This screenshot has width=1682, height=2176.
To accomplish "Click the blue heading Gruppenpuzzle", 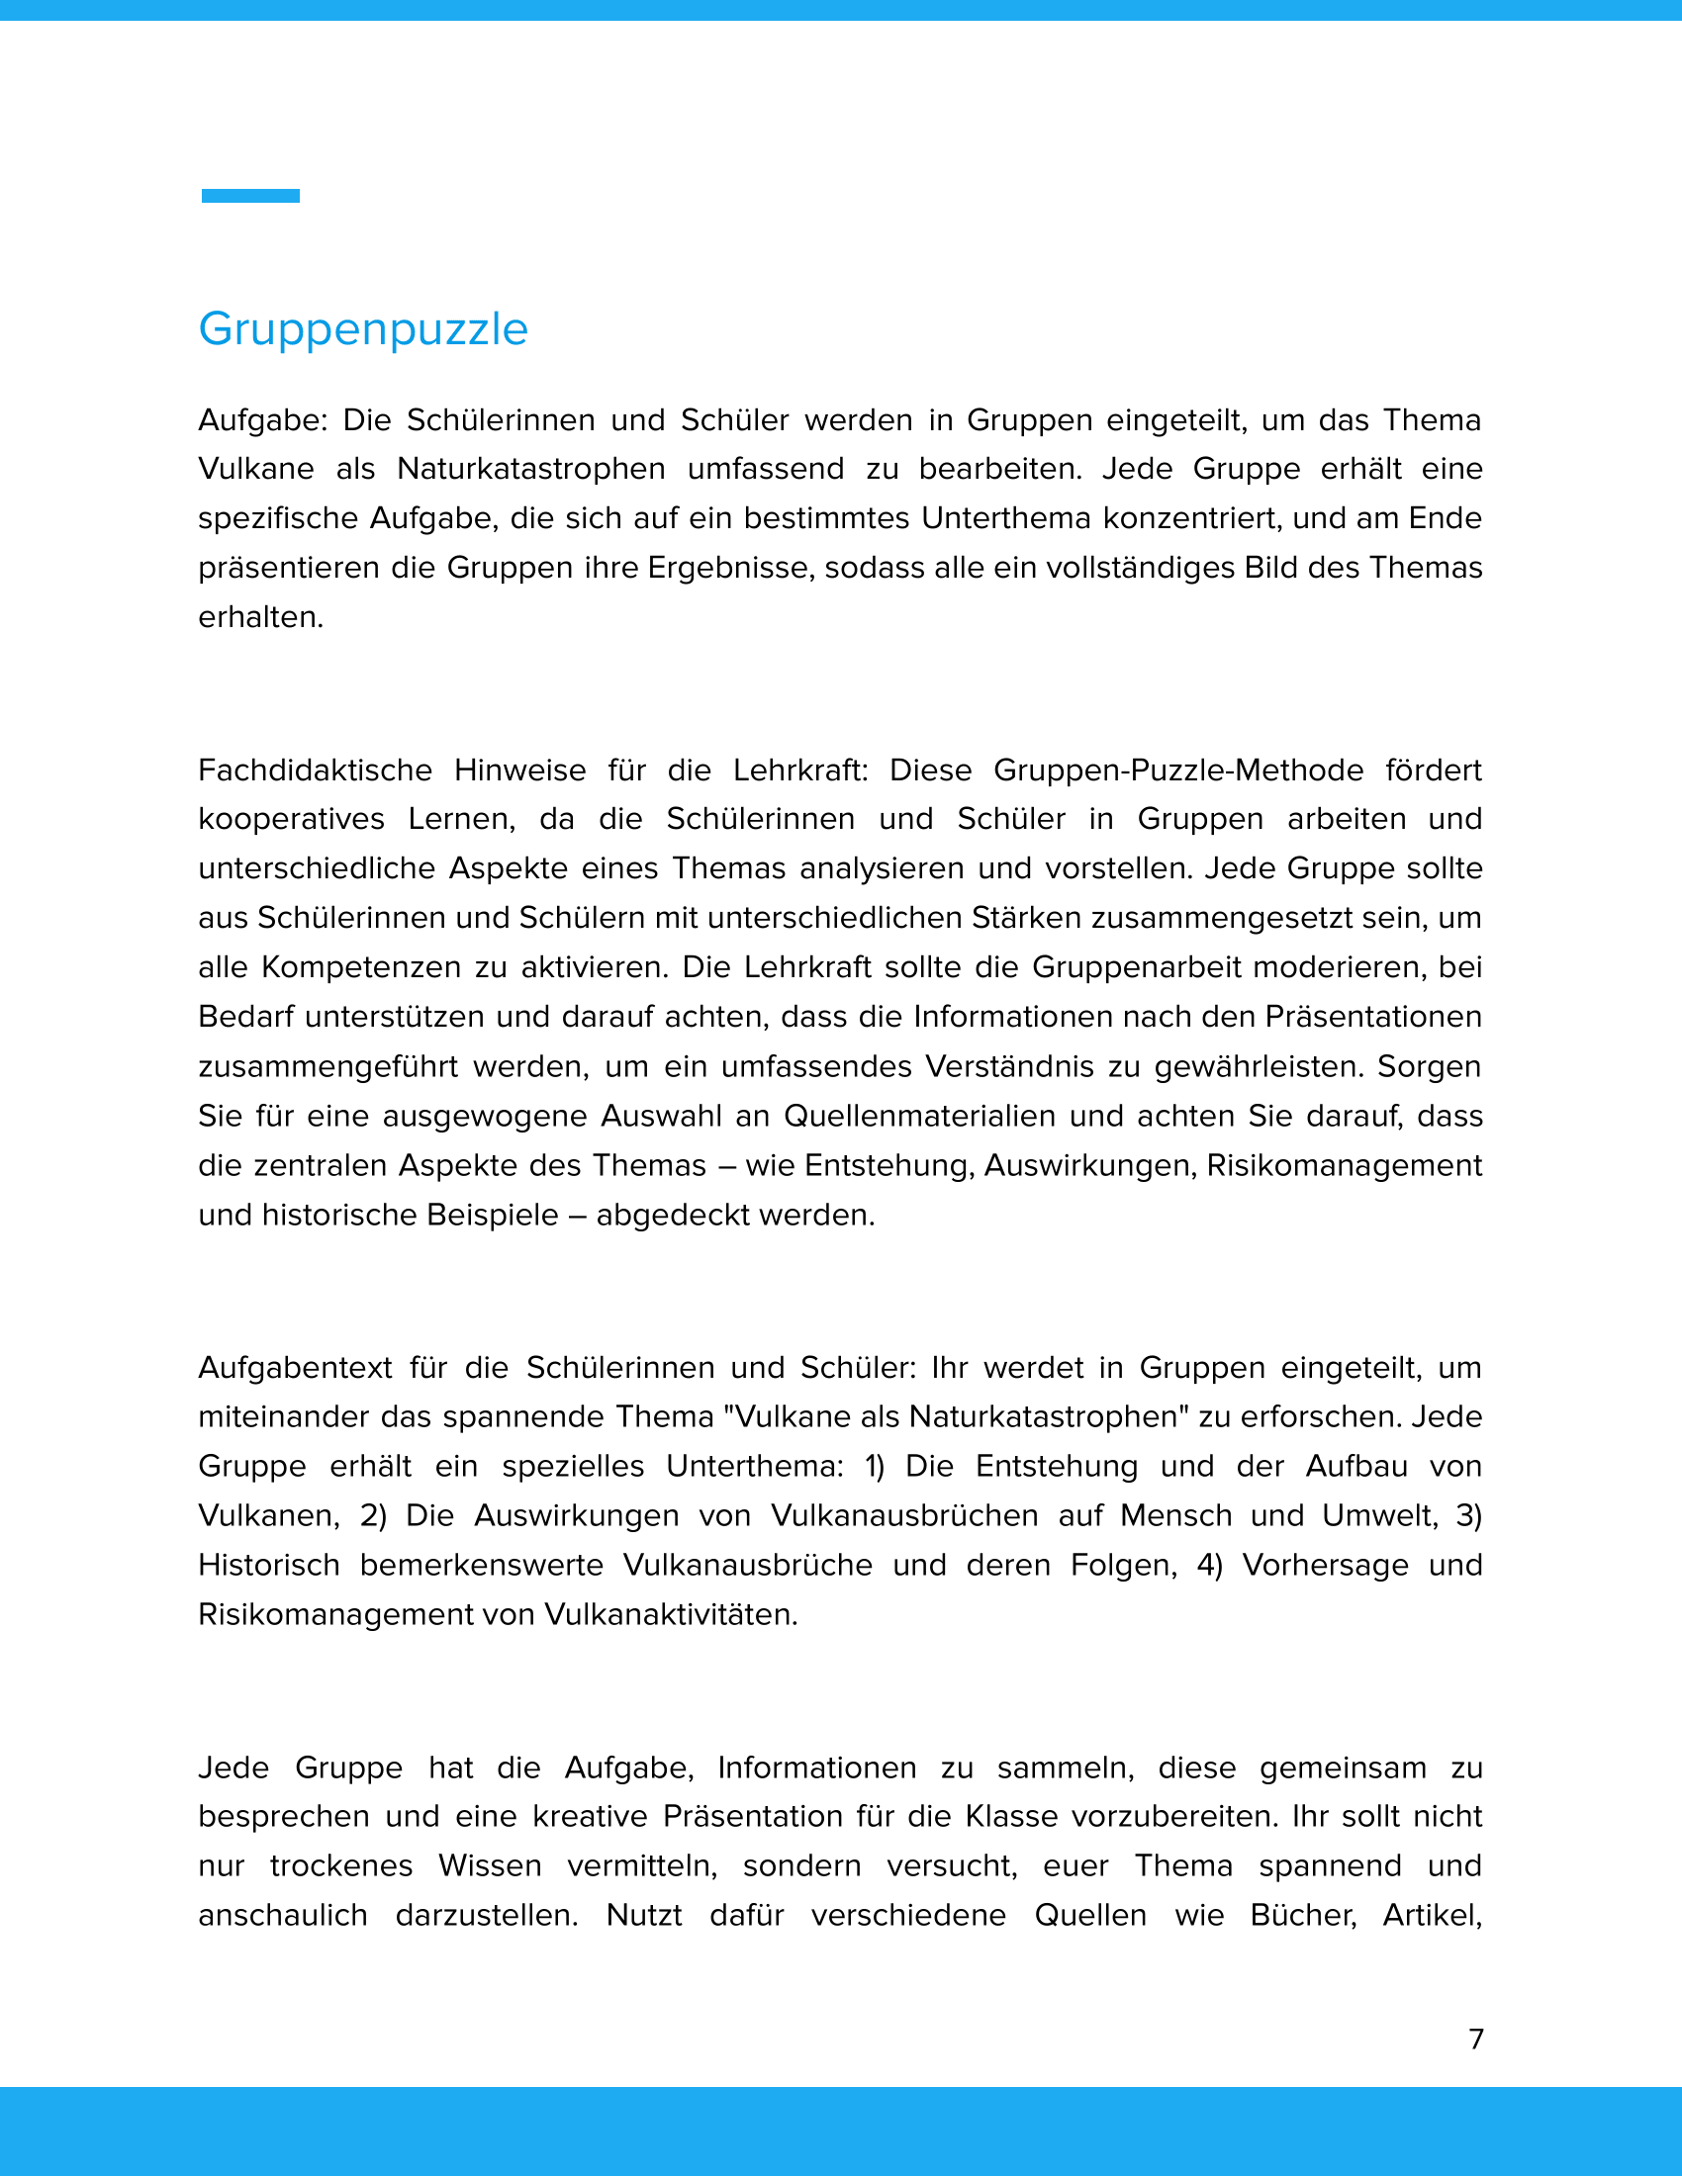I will click(363, 329).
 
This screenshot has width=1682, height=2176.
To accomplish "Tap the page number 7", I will click(1476, 2039).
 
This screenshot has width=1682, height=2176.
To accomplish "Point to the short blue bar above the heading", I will click(250, 196).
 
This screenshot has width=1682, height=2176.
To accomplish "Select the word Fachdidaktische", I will click(315, 771).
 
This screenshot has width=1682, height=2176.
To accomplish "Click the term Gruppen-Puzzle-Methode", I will click(1177, 771).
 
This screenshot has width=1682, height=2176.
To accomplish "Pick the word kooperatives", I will click(291, 819).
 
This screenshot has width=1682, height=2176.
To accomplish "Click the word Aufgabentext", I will click(295, 1368).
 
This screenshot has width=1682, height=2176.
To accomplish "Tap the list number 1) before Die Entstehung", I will click(874, 1467).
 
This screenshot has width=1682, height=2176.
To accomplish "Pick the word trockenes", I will click(340, 1865).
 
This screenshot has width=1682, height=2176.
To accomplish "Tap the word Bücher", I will click(1302, 1915).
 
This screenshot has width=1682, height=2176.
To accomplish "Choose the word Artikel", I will click(1431, 1915).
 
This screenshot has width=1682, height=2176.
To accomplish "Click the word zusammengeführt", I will click(327, 1067).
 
